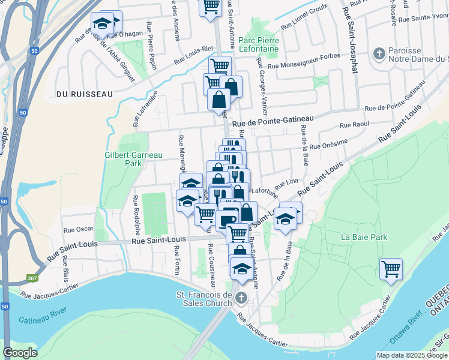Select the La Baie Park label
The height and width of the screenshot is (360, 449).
[363, 237]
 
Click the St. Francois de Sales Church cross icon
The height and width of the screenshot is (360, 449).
[241, 298]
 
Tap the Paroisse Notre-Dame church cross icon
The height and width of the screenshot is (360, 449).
[379, 54]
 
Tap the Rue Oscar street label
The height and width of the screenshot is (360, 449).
[79, 229]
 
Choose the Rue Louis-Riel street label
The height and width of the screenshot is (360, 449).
[194, 56]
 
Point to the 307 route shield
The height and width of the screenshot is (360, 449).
[32, 279]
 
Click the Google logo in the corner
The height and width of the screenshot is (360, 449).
[20, 353]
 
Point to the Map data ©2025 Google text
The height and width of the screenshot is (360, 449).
[411, 355]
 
